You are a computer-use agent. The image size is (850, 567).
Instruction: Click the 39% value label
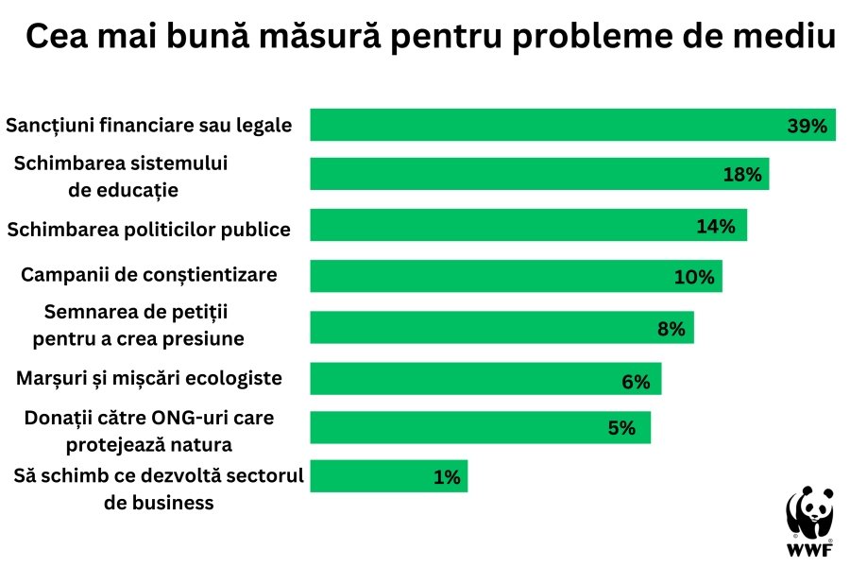pos(807,126)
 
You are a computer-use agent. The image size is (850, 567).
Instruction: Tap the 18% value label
pos(742,175)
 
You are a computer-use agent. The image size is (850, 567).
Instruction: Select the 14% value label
pos(715,226)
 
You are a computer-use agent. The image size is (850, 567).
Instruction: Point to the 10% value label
pos(694,278)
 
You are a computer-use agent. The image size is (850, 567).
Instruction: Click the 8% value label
pos(671,329)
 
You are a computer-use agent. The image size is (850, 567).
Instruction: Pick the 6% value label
pos(636,381)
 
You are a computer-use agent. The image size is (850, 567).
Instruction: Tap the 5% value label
pos(621,428)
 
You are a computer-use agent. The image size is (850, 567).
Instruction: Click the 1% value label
pos(447,477)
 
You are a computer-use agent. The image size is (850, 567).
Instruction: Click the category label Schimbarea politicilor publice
pos(149,229)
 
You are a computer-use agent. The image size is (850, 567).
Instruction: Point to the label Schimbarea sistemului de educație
pos(123,176)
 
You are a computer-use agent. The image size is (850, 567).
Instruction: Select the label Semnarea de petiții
pos(138,311)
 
